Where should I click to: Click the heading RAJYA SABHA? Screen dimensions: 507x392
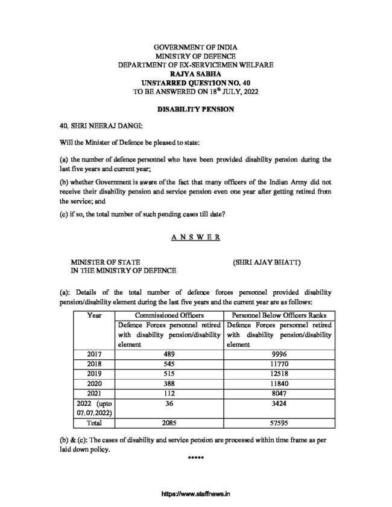point(196,72)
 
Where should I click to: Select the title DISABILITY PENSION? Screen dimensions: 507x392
point(196,111)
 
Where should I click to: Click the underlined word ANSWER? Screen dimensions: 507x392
point(196,238)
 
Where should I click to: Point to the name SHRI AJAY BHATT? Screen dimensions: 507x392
point(266,263)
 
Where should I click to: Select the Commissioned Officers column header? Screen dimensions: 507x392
point(169,315)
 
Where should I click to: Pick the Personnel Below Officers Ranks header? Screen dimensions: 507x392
point(278,315)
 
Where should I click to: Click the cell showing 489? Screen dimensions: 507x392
point(169,354)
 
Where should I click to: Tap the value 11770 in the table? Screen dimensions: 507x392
point(278,365)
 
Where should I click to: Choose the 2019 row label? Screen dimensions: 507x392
point(94,374)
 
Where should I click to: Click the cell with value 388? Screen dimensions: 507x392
point(169,384)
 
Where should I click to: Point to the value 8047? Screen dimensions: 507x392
point(278,394)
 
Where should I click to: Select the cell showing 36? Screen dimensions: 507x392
point(169,404)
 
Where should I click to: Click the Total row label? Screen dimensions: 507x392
point(94,424)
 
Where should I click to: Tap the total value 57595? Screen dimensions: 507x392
point(278,424)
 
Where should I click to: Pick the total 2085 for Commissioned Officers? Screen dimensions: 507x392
point(169,424)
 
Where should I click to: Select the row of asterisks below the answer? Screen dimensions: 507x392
point(196,459)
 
